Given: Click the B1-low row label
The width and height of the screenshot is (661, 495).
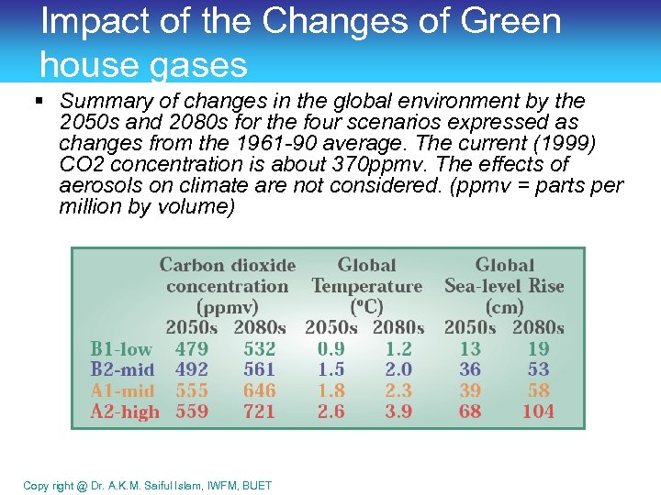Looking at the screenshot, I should pos(121,349).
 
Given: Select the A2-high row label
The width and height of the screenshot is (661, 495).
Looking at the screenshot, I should pos(125,412).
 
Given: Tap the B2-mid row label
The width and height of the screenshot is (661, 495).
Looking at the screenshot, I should pos(122,370).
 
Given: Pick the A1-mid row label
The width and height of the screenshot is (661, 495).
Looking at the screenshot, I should pos(122,391).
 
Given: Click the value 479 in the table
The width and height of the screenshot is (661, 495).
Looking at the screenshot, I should pos(191,349).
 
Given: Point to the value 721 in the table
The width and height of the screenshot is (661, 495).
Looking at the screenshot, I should pos(259,412).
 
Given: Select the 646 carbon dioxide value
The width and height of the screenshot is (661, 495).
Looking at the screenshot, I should pos(259,391).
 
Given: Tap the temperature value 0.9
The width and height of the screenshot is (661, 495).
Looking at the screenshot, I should pos(330,349).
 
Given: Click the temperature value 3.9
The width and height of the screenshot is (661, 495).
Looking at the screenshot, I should pos(398,412).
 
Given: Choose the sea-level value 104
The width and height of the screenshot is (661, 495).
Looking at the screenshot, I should pos(538,412).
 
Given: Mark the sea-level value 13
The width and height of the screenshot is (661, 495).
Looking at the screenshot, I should pos(470,349).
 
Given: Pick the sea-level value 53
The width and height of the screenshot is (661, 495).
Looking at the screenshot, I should pos(538,370).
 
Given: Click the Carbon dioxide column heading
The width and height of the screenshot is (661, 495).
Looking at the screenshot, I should pos(228,266).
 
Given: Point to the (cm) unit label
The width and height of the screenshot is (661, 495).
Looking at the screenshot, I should pos(504,308).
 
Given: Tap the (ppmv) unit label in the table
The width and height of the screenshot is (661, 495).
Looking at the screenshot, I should pos(227,308).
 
